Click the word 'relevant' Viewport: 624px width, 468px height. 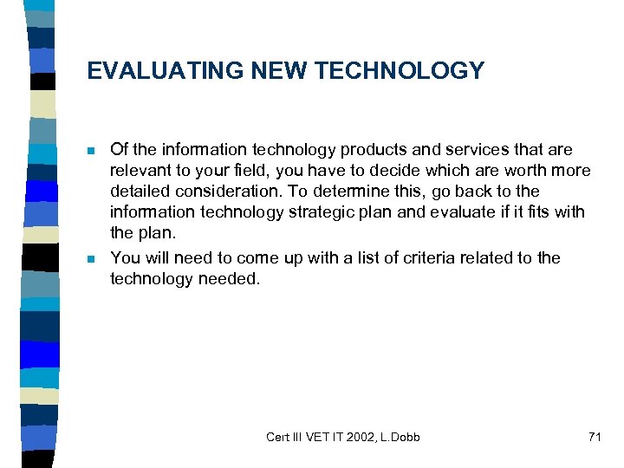[x=139, y=171]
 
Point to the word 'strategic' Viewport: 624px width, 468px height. [x=311, y=212]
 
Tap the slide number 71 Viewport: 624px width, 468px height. [x=594, y=437]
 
